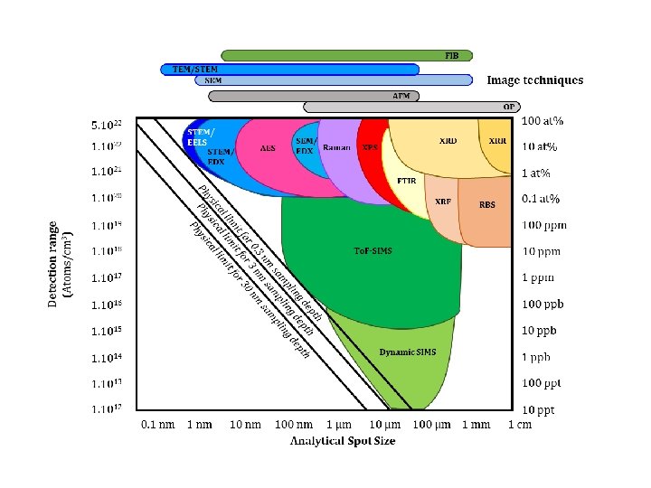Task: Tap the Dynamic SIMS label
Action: click(407, 352)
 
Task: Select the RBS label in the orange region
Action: click(487, 205)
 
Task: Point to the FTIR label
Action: click(407, 181)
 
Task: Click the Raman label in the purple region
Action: click(337, 147)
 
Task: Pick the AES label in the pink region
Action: click(268, 148)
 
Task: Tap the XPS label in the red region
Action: click(370, 147)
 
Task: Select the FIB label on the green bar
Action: click(451, 55)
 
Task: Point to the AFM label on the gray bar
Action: click(401, 95)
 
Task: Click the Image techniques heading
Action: click(534, 80)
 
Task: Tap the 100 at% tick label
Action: click(542, 121)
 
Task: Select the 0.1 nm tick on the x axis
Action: click(156, 424)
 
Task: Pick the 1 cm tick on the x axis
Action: click(519, 424)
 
